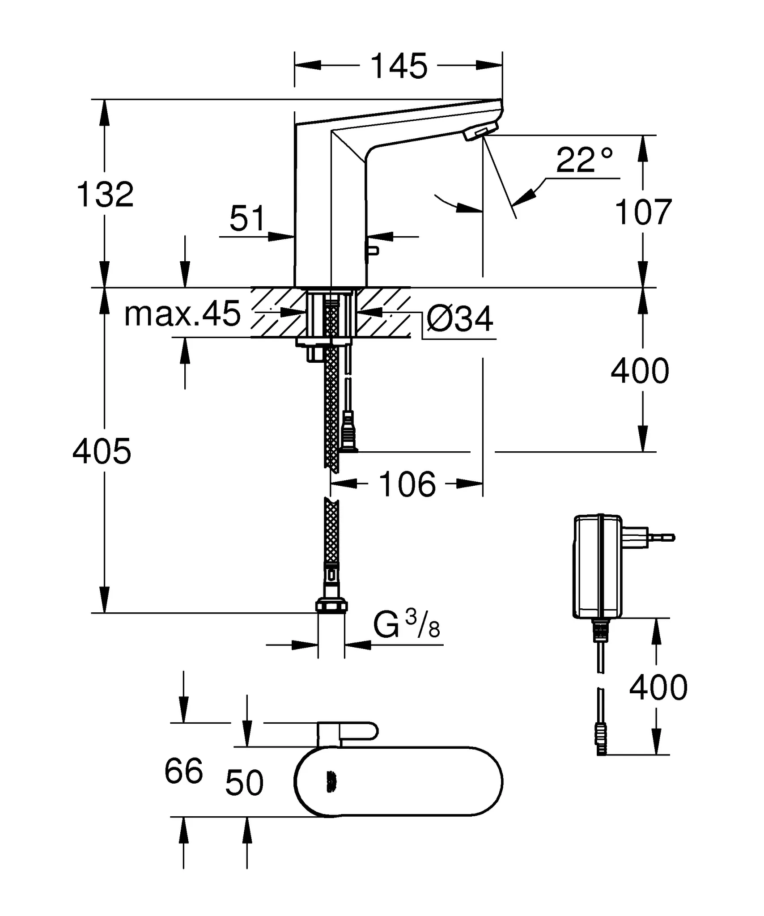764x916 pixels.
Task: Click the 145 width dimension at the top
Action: [399, 66]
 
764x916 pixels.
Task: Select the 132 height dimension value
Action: [105, 195]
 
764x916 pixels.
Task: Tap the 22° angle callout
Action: [584, 160]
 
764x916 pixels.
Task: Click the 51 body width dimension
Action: [247, 219]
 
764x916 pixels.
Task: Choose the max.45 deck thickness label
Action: [183, 314]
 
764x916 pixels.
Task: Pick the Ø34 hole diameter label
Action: [460, 319]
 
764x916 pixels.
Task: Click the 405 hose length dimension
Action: [102, 451]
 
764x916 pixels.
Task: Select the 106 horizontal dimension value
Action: [407, 484]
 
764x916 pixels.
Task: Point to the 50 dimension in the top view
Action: [244, 784]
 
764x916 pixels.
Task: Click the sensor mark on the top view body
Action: [331, 784]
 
